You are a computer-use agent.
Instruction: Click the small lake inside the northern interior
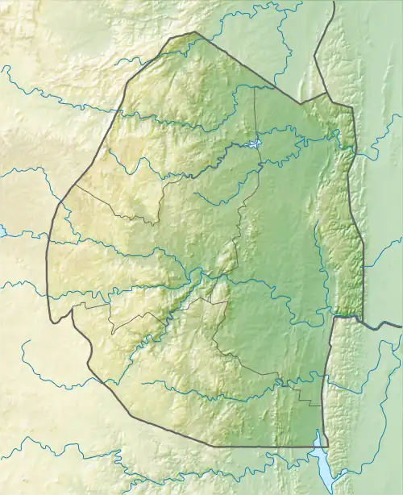(x=255, y=145)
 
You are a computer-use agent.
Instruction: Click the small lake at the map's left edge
(x=2, y=231)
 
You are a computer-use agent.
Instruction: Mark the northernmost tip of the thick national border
(x=193, y=33)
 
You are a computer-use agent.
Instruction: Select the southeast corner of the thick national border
(x=319, y=445)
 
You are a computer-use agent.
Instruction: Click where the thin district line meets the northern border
(x=254, y=86)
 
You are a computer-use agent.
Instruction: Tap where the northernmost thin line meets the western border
(x=75, y=185)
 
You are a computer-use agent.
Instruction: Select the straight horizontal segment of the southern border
(x=266, y=445)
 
